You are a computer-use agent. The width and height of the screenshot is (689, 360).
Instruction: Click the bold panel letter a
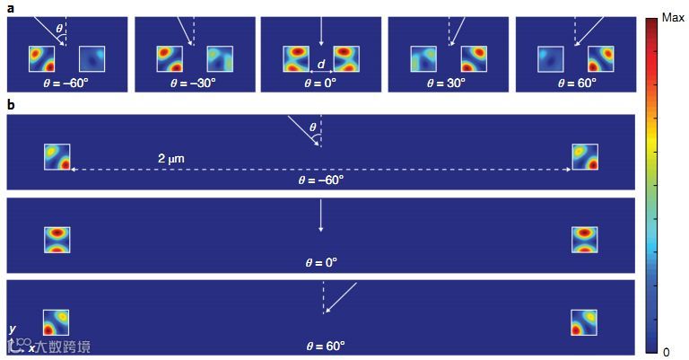[x=10, y=7]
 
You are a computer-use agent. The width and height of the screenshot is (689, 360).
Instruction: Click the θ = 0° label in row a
[x=320, y=82]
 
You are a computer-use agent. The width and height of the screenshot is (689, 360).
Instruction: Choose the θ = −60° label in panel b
[x=320, y=180]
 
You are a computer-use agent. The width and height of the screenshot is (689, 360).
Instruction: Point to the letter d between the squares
[x=321, y=64]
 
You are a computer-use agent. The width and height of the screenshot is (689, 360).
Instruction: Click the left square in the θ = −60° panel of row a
[x=41, y=59]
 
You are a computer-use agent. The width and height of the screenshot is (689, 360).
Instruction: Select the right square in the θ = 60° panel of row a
[x=600, y=59]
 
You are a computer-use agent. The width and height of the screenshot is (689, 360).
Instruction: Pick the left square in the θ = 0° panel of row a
[x=295, y=59]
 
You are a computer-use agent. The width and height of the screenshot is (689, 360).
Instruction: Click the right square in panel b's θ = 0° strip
[x=584, y=240]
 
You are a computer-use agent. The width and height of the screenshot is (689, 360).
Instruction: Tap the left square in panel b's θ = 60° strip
[x=57, y=322]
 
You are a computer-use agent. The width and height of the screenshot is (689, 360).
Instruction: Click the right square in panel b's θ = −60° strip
[x=585, y=156]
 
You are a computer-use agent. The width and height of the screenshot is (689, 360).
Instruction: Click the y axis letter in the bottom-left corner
[x=12, y=329]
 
